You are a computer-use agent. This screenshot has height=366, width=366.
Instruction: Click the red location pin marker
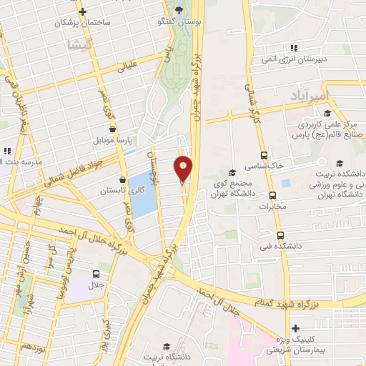point(184,169)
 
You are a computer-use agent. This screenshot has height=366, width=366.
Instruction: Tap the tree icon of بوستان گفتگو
point(177,10)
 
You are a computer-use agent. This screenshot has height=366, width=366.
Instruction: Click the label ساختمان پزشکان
point(86,23)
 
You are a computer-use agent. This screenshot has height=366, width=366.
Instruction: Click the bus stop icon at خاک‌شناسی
point(264,155)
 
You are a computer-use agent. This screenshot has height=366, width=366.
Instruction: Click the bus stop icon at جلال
point(96,274)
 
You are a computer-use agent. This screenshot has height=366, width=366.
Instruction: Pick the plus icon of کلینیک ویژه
point(295,328)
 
